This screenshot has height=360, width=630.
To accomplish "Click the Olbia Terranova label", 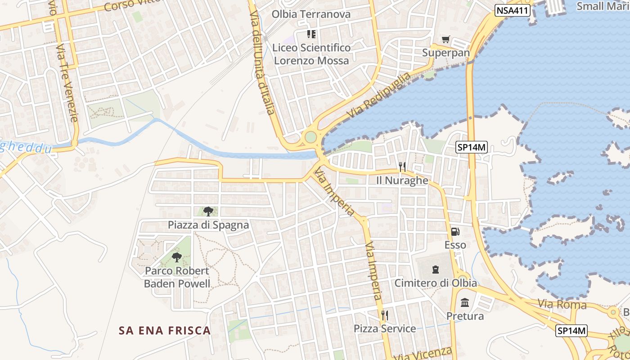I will coord(311,14).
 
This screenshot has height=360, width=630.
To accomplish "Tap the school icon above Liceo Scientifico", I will coord(311,34).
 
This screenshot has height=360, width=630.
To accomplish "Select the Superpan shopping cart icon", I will coord(445,40).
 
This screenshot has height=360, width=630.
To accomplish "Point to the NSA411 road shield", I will coord(513,10).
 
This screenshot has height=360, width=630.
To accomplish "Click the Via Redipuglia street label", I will coord(379,95).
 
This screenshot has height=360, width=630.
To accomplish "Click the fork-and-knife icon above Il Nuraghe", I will coord(402,167).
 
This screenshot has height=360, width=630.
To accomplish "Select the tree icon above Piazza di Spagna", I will coord(208,211).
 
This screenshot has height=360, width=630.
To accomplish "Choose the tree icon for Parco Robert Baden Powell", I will coord(177,257).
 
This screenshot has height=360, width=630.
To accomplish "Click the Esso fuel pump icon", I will coord(455,232).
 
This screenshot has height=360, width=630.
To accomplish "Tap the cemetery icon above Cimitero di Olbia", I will coord(435,270).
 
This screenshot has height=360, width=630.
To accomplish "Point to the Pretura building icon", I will coord(465,302).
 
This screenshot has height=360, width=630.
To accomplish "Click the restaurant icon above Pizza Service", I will coord(384,315).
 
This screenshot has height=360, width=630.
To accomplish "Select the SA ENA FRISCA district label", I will coord(165,331).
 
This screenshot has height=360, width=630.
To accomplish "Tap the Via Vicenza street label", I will coord(423,353).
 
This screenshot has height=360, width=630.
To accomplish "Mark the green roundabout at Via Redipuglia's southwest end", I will coord(310,136).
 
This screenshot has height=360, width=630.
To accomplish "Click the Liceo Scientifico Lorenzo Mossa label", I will coord(311,54).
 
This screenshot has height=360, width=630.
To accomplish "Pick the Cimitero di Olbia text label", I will coord(436,283).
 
